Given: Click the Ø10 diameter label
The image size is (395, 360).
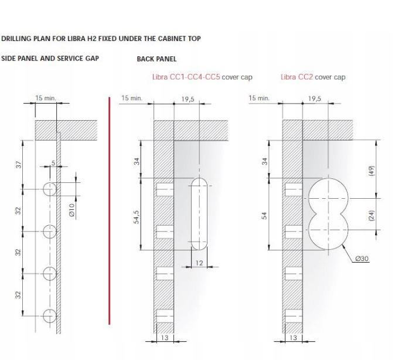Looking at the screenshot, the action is (x=72, y=210).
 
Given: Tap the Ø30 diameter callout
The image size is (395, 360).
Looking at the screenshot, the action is (x=362, y=259).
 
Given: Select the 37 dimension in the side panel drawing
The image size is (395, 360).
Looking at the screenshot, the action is (x=19, y=165).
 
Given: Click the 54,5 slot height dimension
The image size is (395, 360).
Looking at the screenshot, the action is (x=137, y=217).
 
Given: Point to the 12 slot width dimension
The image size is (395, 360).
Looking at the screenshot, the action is (x=199, y=263).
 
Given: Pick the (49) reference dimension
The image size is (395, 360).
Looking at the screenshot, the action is (x=372, y=171).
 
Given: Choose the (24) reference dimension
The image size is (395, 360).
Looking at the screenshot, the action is (x=372, y=216).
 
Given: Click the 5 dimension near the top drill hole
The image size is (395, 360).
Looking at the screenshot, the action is (x=53, y=163).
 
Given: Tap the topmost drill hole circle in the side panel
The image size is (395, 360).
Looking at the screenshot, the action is (x=50, y=189).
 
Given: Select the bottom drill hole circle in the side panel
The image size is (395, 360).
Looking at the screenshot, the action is (x=50, y=315).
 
